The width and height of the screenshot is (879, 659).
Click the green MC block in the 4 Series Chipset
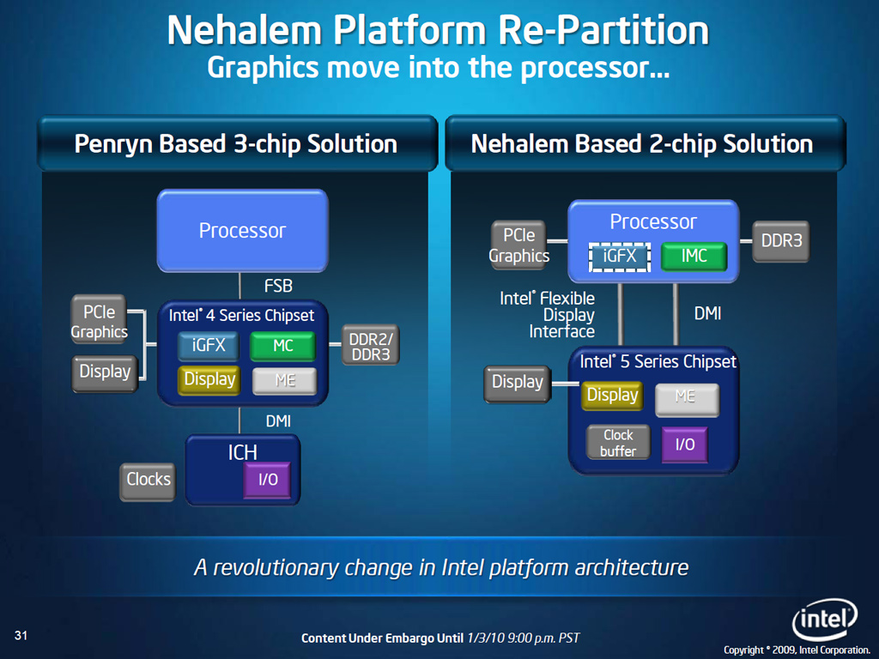coord(283,346)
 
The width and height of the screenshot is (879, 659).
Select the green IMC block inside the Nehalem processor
coord(694,256)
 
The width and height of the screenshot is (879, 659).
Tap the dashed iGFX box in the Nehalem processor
coord(619,256)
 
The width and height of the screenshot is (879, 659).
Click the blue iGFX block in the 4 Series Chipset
coord(209,346)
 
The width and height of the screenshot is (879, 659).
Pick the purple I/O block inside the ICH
coord(268,480)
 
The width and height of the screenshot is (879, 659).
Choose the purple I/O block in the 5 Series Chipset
coord(684,444)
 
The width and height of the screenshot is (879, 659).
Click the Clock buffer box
coord(618,443)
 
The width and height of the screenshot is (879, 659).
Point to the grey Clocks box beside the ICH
coord(149,480)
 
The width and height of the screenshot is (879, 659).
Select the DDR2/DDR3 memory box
coord(370,346)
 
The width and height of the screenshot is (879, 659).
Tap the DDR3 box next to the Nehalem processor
coord(781,242)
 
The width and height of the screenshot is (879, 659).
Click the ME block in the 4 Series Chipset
coord(284,379)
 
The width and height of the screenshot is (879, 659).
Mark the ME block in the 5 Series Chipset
coord(685,396)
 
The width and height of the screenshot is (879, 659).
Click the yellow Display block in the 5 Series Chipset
coord(612,395)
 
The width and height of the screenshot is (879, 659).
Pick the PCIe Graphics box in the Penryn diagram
coord(100,320)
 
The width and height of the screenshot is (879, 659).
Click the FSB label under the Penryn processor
coord(278,285)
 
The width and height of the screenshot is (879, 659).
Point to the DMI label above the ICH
coord(278,420)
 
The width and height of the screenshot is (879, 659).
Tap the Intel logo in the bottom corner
coord(824,618)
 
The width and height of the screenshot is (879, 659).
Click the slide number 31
coord(22,635)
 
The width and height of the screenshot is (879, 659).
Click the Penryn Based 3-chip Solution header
coord(235,143)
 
